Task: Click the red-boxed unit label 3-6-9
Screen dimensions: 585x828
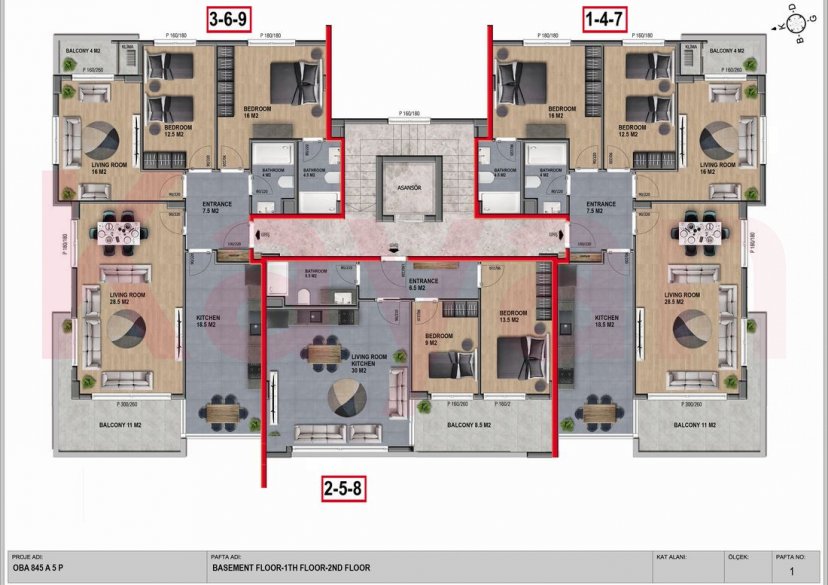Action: [x=229, y=19]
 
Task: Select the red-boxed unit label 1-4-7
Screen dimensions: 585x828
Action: [x=605, y=19]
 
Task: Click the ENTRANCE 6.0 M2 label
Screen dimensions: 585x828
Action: [x=423, y=285]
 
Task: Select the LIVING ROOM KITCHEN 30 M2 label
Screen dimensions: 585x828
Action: [x=368, y=362]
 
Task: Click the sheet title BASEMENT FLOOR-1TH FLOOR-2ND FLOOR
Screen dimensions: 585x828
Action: [x=291, y=568]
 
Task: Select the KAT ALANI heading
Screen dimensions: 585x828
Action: [x=671, y=556]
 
